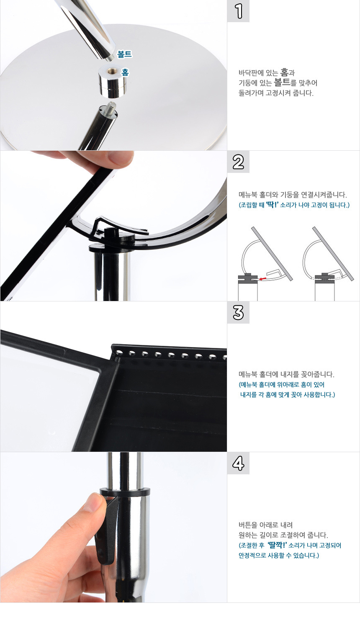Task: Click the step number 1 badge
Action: [x=238, y=11]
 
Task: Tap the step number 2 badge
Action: [x=238, y=162]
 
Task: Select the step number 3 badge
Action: [x=238, y=313]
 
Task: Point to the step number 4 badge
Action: [x=238, y=463]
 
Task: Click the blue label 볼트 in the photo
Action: [x=124, y=54]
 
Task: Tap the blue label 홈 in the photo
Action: [x=125, y=72]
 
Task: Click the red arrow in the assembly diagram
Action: [x=262, y=278]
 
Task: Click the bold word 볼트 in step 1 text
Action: [x=282, y=82]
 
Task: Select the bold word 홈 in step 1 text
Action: [x=284, y=72]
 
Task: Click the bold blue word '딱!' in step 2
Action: [x=272, y=205]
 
